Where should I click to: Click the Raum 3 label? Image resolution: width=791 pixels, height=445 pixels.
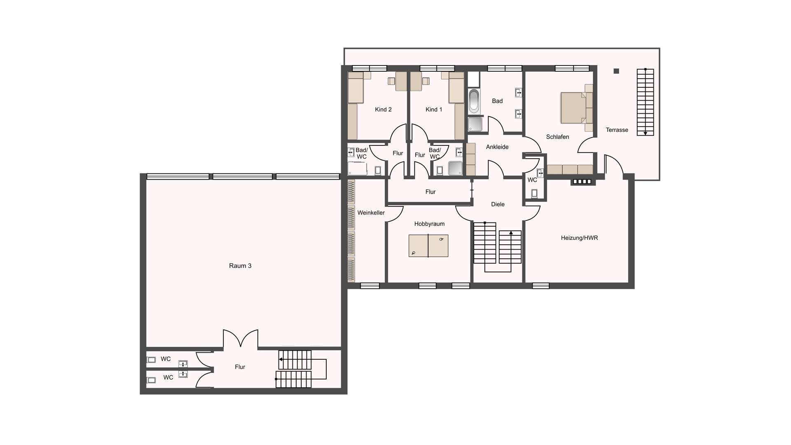[240, 266]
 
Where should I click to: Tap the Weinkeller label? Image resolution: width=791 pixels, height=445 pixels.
[371, 213]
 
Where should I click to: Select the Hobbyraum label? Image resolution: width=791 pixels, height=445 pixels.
[429, 224]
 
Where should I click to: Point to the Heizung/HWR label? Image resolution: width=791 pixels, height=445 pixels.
[579, 238]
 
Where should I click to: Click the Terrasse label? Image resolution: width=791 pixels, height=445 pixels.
[617, 130]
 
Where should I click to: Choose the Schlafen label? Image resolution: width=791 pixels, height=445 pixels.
[557, 137]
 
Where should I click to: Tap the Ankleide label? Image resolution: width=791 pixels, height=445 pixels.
[497, 147]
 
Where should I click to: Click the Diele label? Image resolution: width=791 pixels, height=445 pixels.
[498, 204]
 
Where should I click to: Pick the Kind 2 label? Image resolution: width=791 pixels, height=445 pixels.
[383, 109]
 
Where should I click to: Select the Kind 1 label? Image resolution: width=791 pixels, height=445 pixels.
[434, 109]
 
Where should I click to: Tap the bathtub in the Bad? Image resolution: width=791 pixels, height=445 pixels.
[474, 101]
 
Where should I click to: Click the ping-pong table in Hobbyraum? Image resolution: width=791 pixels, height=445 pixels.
[428, 246]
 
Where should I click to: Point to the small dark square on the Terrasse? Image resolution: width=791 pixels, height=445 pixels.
[616, 71]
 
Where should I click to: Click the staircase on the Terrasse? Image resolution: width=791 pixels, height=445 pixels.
[645, 102]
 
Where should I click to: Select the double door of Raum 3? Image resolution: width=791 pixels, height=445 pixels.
[241, 339]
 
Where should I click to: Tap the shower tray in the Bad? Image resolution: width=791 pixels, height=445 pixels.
[475, 124]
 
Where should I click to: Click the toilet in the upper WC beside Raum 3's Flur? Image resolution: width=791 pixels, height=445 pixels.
[151, 360]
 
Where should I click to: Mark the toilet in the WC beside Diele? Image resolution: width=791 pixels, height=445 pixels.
[534, 193]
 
